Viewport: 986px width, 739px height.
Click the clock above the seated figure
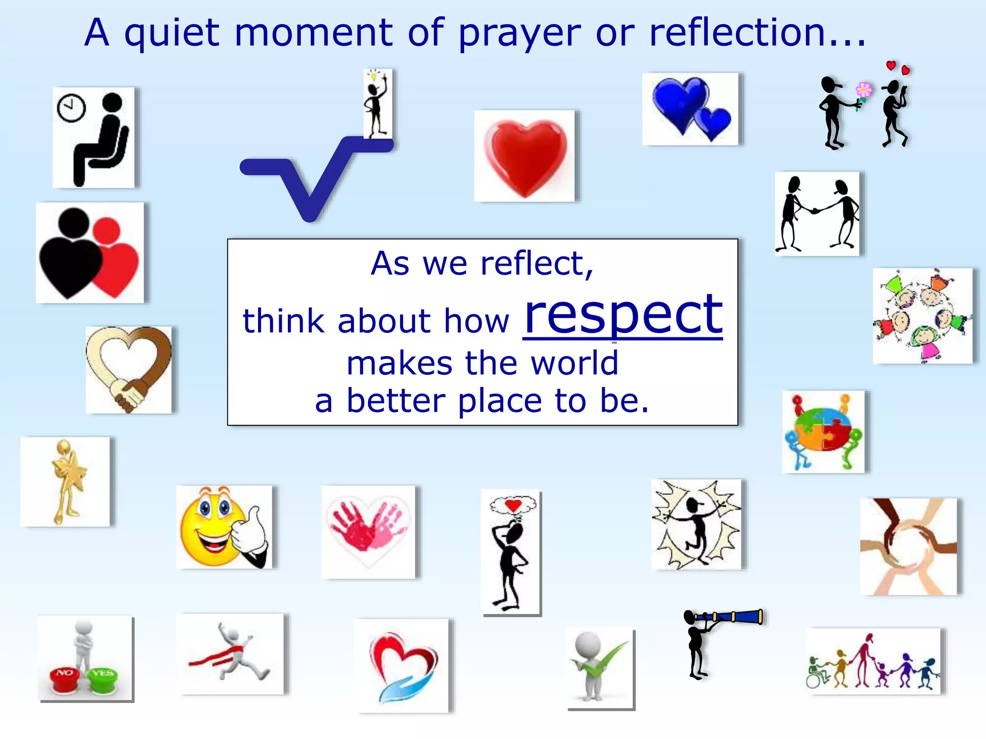(71, 108)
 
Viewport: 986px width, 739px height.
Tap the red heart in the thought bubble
(513, 505)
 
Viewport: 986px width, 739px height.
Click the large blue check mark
(315, 178)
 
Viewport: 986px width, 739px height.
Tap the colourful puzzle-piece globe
(823, 429)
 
